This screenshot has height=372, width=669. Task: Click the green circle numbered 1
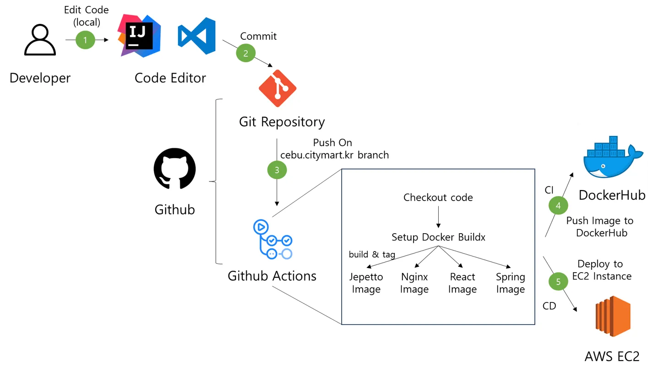click(85, 40)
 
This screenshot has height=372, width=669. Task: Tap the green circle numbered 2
click(245, 53)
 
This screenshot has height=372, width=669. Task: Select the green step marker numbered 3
click(277, 170)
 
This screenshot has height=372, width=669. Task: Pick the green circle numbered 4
click(558, 206)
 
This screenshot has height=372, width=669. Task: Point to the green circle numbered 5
click(558, 282)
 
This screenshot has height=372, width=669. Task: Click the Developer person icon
click(40, 40)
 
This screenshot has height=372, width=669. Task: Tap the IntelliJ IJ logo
click(139, 35)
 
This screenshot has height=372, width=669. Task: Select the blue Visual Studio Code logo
click(197, 36)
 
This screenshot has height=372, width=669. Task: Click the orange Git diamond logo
click(277, 88)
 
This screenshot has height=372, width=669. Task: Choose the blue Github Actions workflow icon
click(273, 241)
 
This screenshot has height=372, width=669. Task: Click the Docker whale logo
click(613, 157)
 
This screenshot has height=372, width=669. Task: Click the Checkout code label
click(438, 197)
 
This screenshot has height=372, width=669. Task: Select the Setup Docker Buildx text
click(438, 237)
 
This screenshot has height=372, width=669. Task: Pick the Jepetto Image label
click(366, 283)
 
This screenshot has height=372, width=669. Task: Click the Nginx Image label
click(414, 283)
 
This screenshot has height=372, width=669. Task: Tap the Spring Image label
click(511, 283)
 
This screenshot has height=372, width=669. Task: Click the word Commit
click(258, 36)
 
